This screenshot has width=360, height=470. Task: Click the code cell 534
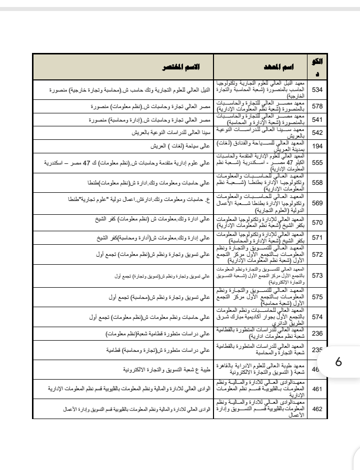coord(317,90)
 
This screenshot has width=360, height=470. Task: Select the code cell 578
coord(317,106)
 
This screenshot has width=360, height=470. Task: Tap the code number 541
coord(317,120)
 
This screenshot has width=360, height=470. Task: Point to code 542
coord(317,133)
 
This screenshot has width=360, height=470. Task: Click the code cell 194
coord(317,146)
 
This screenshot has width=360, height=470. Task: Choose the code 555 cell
coord(317,163)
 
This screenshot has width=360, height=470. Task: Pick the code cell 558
coord(317,183)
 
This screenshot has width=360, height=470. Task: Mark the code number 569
coord(317,203)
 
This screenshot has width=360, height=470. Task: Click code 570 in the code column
coord(317,223)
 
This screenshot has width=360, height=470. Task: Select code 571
coord(317,238)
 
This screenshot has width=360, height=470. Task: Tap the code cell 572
coord(317,255)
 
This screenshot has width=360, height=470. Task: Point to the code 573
coord(317,275)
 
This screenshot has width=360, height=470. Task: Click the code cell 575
coord(317,297)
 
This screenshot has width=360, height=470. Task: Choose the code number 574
coord(317,317)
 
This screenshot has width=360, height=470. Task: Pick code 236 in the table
coord(317,333)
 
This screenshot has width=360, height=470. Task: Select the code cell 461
coord(317,388)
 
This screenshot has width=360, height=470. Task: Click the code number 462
coord(317,408)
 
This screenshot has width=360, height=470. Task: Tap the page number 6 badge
coord(338,361)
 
